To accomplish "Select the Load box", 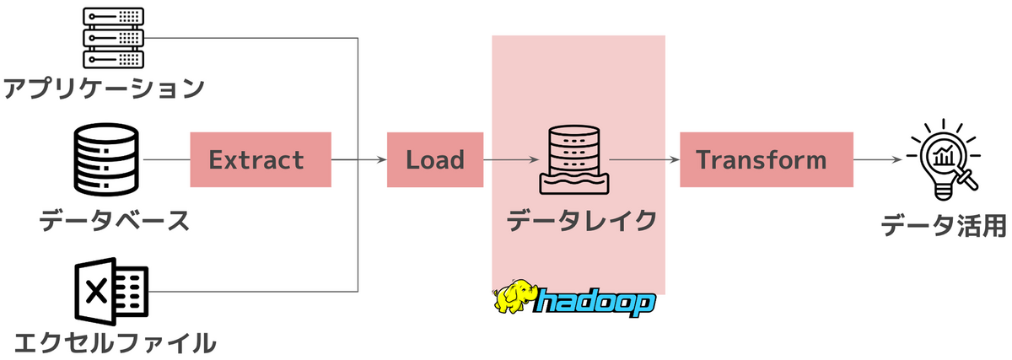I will click(x=435, y=159).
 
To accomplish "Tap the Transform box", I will click(x=767, y=159).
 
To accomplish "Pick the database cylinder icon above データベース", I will click(x=105, y=159).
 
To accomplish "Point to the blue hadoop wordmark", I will click(x=595, y=301).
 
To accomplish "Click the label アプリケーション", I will click(x=104, y=88).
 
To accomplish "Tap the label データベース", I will click(x=114, y=221).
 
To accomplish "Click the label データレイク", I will click(x=580, y=221).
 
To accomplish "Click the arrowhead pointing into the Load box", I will click(x=382, y=159).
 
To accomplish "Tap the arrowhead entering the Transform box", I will click(x=675, y=159).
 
